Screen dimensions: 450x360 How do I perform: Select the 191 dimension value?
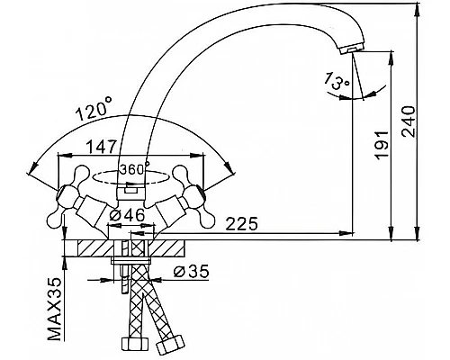382,145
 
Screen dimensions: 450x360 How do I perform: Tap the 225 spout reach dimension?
241,223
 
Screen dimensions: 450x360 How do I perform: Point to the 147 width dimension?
101,147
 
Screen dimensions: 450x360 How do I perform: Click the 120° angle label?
94,109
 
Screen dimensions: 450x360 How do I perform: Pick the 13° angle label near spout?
337,80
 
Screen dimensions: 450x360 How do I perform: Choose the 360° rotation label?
134,169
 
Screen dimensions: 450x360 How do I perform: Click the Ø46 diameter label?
127,216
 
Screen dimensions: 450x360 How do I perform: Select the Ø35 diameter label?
191,272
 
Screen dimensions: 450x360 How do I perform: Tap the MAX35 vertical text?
55,308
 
